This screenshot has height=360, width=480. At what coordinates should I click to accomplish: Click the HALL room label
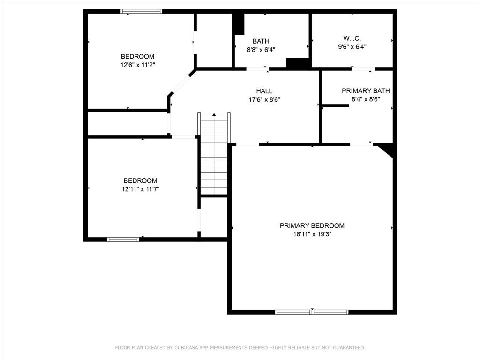click(x=264, y=91)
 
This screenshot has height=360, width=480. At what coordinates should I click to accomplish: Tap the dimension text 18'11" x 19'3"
click(x=312, y=234)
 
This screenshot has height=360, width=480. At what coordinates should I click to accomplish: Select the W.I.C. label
click(x=352, y=38)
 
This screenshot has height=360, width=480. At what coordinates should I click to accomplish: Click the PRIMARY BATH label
click(x=366, y=91)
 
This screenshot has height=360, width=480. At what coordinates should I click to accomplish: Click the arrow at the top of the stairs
click(x=214, y=114)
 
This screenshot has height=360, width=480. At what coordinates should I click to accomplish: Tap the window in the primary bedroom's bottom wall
click(x=312, y=312)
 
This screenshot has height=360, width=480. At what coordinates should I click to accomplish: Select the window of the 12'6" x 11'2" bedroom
click(x=141, y=11)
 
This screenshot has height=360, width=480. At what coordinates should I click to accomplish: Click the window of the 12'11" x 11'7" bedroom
click(x=123, y=240)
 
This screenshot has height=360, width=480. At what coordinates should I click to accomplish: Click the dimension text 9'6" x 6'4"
click(x=352, y=46)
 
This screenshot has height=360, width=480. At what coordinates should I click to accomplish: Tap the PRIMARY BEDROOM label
click(x=312, y=225)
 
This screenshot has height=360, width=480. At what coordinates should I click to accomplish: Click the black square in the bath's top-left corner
click(x=239, y=23)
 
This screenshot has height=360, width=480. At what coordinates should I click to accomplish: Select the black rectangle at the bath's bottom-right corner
click(x=297, y=64)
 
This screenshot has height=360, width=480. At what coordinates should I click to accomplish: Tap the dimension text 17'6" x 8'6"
click(x=264, y=99)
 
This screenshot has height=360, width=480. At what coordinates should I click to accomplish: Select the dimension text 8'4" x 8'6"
click(x=366, y=99)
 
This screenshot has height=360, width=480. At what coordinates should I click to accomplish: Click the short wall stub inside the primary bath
click(x=335, y=105)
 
